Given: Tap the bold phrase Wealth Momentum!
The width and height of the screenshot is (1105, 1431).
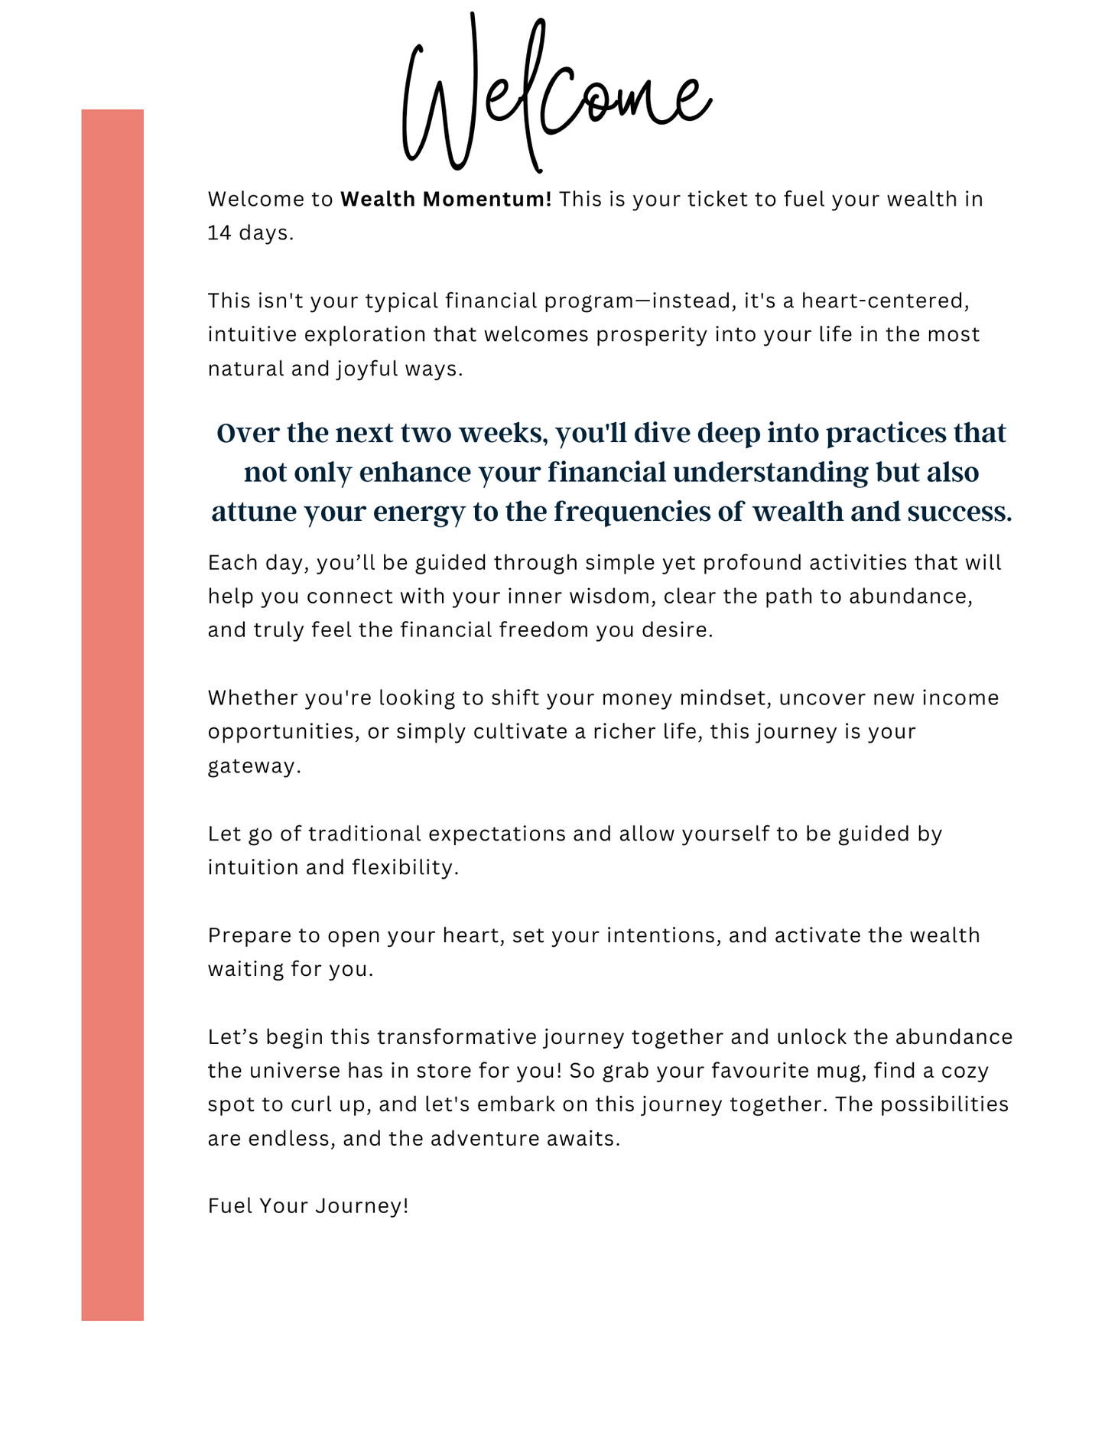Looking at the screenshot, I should click(446, 200).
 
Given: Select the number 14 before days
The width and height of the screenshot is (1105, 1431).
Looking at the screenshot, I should click(219, 233).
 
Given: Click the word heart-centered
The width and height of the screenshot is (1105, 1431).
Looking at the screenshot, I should click(886, 301).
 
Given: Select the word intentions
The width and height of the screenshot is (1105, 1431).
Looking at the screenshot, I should click(663, 935).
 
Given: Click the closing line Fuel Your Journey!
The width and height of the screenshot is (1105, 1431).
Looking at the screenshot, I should click(308, 1206).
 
